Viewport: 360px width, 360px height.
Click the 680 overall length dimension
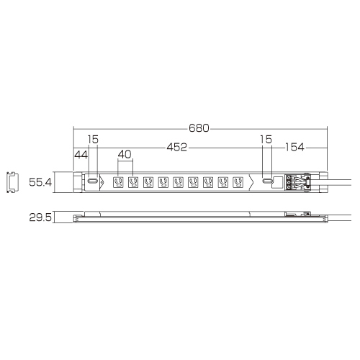point(199,128)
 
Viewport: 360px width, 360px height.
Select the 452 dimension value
point(177,147)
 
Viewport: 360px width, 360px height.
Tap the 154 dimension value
point(294,147)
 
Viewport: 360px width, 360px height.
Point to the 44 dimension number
point(81,155)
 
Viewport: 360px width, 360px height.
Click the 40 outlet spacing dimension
point(125,155)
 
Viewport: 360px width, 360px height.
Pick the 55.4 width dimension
point(40,182)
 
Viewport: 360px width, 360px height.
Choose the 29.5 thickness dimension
point(40,217)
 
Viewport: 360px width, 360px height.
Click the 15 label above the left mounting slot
point(93,140)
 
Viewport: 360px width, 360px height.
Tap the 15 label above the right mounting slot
point(266,140)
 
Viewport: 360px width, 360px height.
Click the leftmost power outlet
point(118,182)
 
